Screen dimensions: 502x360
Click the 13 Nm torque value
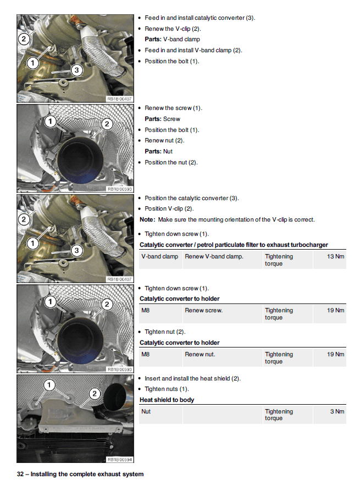point(335,257)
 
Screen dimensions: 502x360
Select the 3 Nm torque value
point(337,411)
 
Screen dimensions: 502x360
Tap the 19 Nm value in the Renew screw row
point(335,311)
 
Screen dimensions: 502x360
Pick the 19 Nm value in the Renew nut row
point(335,355)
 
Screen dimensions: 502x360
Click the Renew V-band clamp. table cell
point(214,257)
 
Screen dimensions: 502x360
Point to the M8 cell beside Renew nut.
point(146,355)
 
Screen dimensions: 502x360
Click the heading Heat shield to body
point(167,400)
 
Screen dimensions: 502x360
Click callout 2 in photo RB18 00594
point(95,394)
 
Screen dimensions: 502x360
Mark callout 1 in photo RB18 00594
point(49,384)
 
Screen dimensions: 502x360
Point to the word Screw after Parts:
point(171,119)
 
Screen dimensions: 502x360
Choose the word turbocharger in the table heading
point(308,245)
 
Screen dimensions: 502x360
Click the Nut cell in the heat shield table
point(146,411)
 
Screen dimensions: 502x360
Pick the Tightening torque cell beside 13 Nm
point(279,260)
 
